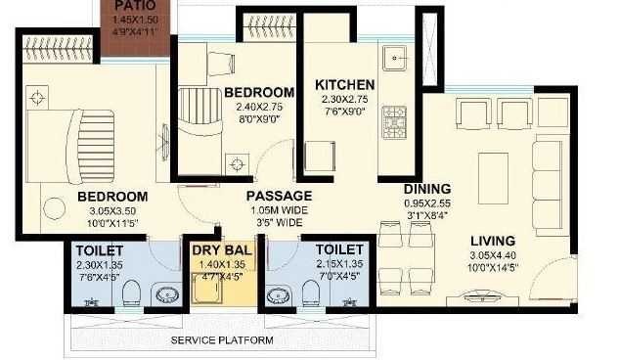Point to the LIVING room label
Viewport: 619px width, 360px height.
coord(492,240)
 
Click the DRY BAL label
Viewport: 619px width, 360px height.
coord(219,249)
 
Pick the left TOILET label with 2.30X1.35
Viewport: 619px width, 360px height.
coord(99,249)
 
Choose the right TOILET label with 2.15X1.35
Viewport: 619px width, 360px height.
coord(339,249)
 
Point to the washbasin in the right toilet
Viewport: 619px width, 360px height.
coord(279,294)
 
